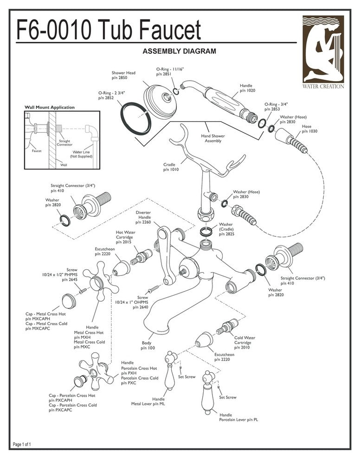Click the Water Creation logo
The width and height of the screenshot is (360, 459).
pyautogui.click(x=323, y=52)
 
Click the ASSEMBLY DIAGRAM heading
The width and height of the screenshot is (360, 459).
pyautogui.click(x=179, y=51)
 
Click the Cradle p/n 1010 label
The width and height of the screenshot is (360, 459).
pyautogui.click(x=171, y=167)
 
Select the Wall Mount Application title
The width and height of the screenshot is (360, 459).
pyautogui.click(x=49, y=108)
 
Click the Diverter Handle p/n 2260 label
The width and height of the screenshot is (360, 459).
pyautogui.click(x=143, y=217)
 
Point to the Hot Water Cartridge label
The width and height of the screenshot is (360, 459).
pyautogui.click(x=125, y=236)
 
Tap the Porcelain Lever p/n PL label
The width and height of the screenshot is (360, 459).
pyautogui.click(x=239, y=418)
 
